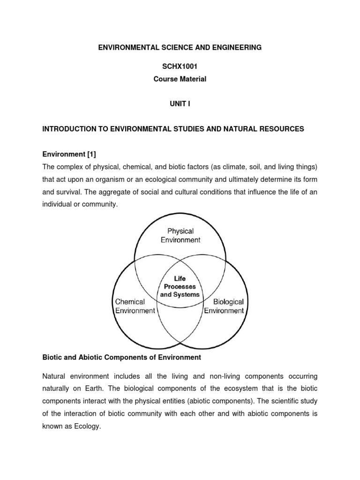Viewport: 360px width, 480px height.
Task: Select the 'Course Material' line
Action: pyautogui.click(x=180, y=79)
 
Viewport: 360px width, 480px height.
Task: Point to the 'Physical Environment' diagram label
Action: pyautogui.click(x=180, y=236)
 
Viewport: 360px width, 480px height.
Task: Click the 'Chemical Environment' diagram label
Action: pyautogui.click(x=135, y=306)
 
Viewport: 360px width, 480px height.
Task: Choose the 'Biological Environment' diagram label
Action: pyautogui.click(x=224, y=306)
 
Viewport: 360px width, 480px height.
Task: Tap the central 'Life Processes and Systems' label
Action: pyautogui.click(x=180, y=286)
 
